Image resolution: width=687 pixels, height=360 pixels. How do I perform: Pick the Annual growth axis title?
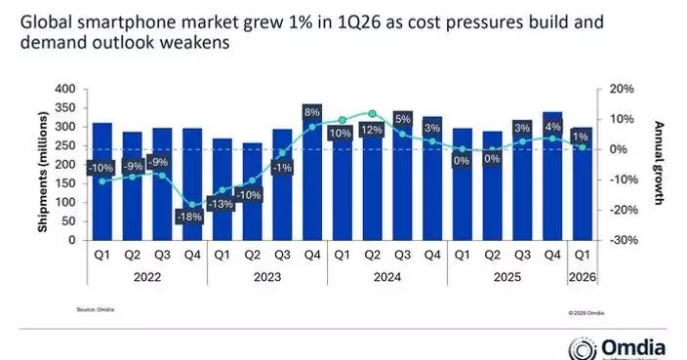659,163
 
